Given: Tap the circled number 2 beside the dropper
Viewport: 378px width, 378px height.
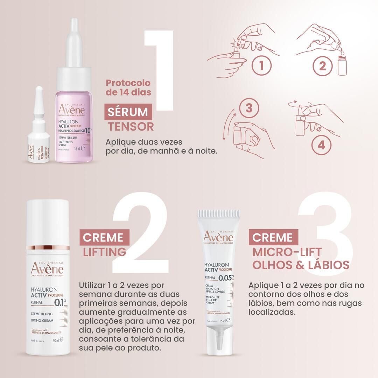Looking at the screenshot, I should click(x=322, y=66).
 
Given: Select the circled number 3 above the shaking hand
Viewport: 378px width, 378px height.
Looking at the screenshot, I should click(x=249, y=108).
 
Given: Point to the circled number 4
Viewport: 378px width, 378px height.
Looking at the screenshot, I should click(x=321, y=144).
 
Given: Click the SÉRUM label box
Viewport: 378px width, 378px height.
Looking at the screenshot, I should click(x=128, y=112).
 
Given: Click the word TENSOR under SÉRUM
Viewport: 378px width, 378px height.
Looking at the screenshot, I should click(x=131, y=126).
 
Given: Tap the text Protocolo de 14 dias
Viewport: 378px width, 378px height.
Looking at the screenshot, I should click(x=128, y=87).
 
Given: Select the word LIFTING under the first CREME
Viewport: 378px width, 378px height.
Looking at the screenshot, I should click(x=104, y=251).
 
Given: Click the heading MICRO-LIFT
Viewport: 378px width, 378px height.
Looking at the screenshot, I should click(x=287, y=252).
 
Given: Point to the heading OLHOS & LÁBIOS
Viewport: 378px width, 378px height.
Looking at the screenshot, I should click(x=301, y=265).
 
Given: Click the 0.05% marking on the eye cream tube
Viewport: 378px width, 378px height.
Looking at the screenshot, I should click(x=226, y=278).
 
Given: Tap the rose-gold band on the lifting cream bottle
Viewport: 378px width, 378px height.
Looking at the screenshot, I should click(x=48, y=248).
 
